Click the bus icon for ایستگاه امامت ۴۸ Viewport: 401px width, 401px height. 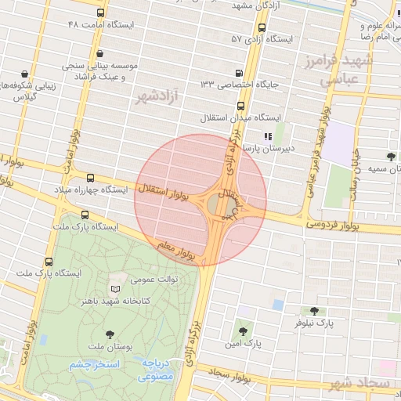tap(100, 13)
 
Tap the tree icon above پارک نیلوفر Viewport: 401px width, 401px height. tap(314, 311)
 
